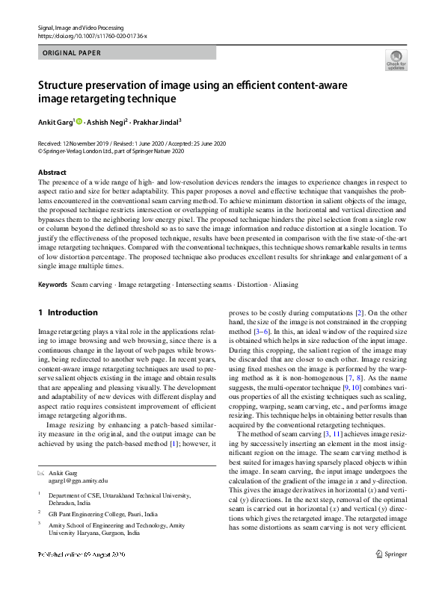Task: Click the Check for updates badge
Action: click(396, 60)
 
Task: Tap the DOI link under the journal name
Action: click(92, 35)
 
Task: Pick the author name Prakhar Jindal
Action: click(158, 121)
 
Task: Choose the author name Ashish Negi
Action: click(106, 121)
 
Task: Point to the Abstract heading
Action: click(52, 173)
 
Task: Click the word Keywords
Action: click(53, 285)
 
